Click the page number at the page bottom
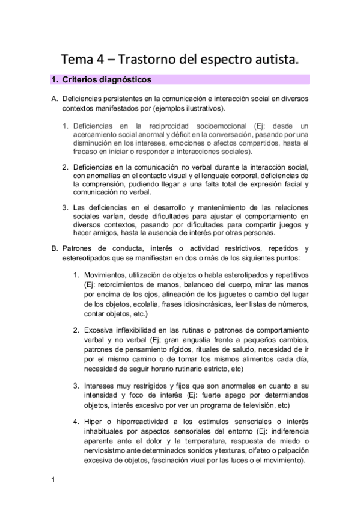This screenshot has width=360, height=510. (x=53, y=479)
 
